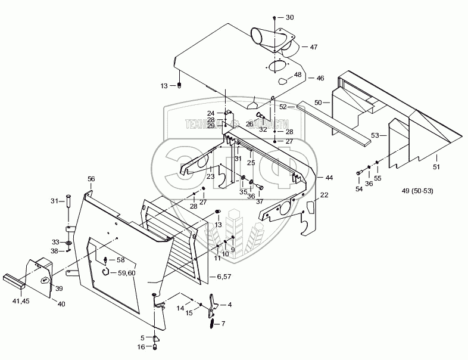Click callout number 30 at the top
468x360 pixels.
pos(290,17)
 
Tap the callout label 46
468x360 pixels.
pos(320,78)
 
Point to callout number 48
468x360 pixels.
pos(298,75)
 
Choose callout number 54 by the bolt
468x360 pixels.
pos(358,188)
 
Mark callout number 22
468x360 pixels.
pos(324,195)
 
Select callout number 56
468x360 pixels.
pos(91,179)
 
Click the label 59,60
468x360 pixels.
pos(126,272)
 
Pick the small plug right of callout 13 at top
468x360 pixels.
pos(179,86)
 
